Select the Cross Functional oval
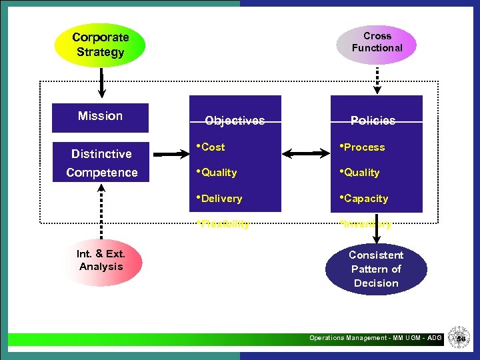click(x=377, y=42)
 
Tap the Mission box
click(x=100, y=117)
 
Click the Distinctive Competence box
click(x=101, y=163)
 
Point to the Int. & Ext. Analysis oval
click(x=101, y=261)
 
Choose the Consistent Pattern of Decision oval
click(x=376, y=269)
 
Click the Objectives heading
click(x=235, y=121)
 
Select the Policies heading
click(x=373, y=121)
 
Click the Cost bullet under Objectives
click(x=212, y=147)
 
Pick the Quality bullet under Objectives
click(x=217, y=173)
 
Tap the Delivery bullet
click(x=220, y=199)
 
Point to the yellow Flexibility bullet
click(x=224, y=224)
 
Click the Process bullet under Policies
click(x=363, y=147)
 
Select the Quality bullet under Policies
click(x=360, y=173)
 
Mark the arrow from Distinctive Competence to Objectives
click(x=169, y=154)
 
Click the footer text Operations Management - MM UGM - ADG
click(x=375, y=338)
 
